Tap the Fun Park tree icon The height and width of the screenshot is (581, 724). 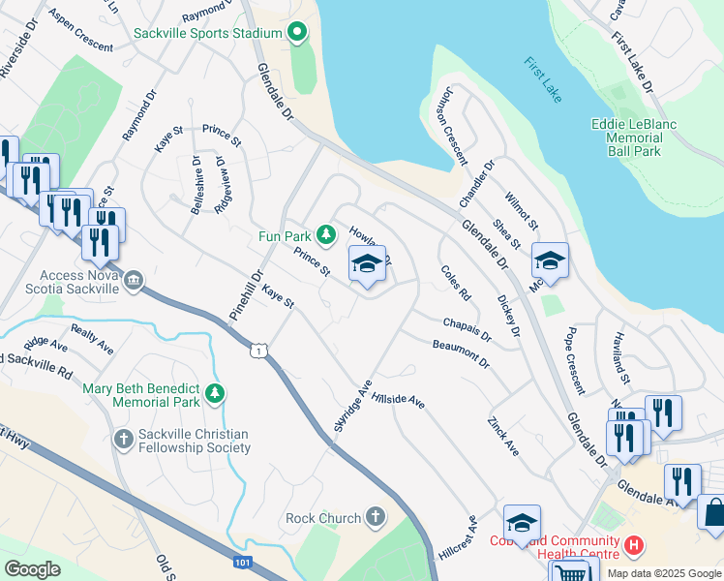327,234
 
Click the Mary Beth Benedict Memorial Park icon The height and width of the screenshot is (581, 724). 215,394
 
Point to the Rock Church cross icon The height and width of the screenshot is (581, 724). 375,518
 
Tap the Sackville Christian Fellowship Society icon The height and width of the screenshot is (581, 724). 123,440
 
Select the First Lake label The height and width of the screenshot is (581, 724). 543,80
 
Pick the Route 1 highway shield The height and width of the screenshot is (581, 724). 257,350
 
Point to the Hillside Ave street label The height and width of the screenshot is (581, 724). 400,399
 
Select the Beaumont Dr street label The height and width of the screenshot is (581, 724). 461,352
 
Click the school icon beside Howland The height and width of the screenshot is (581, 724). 367,263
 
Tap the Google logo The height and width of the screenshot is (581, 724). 33,568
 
